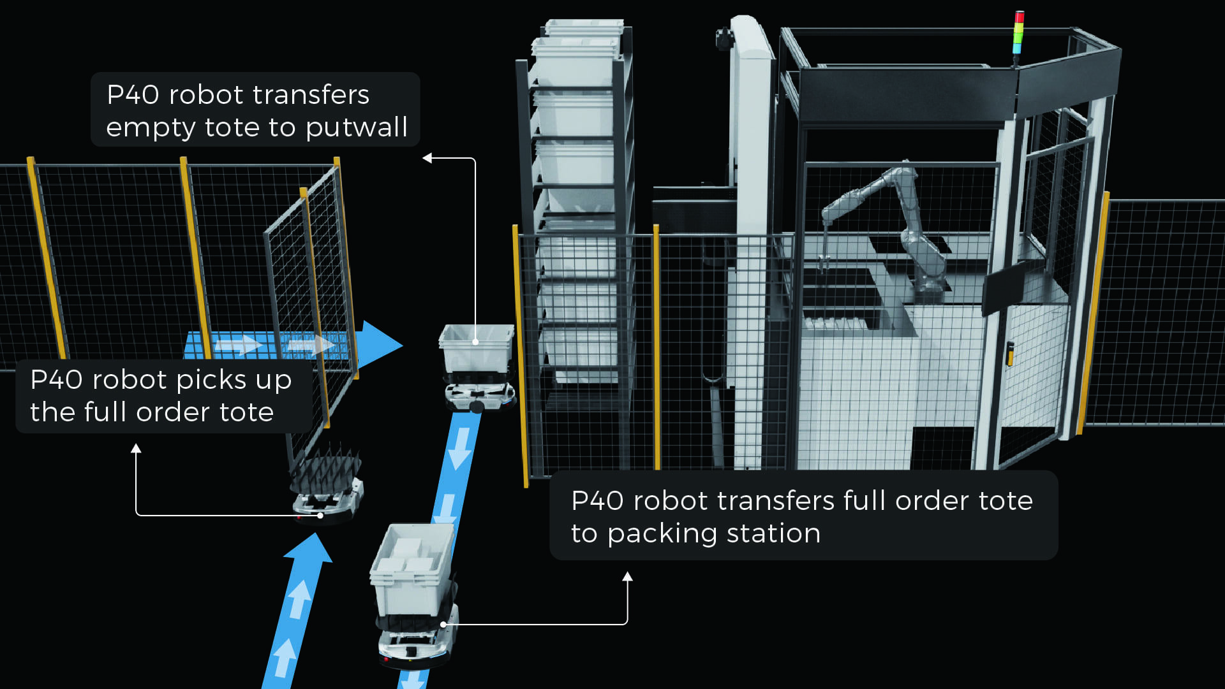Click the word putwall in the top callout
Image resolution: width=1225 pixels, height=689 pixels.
click(x=356, y=127)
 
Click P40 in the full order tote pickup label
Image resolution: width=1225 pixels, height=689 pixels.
click(x=56, y=380)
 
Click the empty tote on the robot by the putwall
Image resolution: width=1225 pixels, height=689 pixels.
click(x=476, y=347)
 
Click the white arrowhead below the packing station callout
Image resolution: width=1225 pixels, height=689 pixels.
click(x=627, y=577)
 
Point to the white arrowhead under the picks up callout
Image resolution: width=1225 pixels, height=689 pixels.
click(x=136, y=449)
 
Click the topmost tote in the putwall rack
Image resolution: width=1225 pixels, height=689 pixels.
click(x=582, y=29)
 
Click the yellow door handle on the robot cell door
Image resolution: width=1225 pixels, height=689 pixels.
click(x=1010, y=354)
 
